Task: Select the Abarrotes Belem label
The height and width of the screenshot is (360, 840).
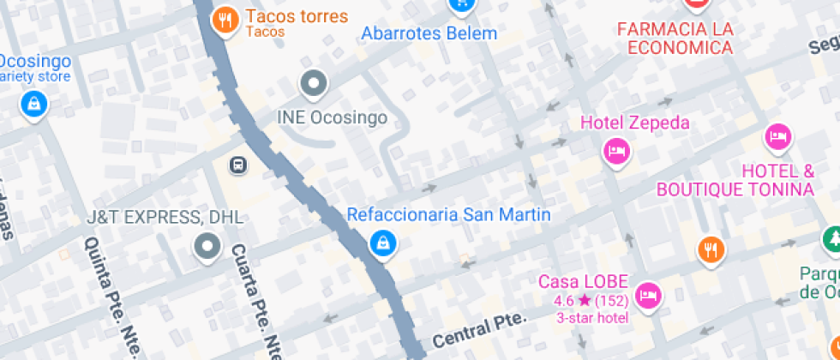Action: pyautogui.click(x=429, y=34)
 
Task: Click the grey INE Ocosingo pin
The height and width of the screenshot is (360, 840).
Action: pyautogui.click(x=313, y=84)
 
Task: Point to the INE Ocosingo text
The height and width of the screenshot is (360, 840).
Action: pyautogui.click(x=333, y=118)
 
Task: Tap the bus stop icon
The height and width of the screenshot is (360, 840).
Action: pyautogui.click(x=238, y=164)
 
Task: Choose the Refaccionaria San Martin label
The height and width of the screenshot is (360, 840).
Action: pyautogui.click(x=448, y=214)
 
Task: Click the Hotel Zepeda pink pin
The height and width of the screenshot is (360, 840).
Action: pyautogui.click(x=616, y=152)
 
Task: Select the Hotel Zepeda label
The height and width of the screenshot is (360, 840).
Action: pyautogui.click(x=634, y=123)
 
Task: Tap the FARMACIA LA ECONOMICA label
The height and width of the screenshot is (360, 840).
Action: pyautogui.click(x=675, y=38)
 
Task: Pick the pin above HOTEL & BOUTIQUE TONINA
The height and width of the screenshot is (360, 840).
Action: pyautogui.click(x=777, y=136)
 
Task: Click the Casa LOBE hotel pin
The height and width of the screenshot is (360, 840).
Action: pyautogui.click(x=649, y=294)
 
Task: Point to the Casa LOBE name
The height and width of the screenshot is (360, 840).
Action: pyautogui.click(x=584, y=281)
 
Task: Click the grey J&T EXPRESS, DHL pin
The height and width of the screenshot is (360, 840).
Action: pyautogui.click(x=207, y=248)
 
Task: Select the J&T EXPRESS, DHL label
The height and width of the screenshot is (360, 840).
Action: pyautogui.click(x=165, y=218)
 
